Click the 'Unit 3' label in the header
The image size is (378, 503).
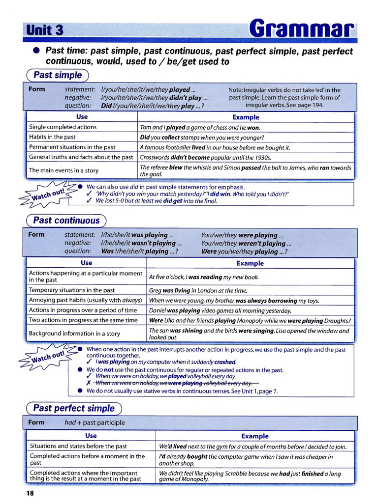click(45, 30)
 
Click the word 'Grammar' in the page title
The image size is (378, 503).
click(301, 29)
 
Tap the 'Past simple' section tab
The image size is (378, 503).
click(58, 75)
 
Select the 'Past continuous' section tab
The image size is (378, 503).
click(66, 221)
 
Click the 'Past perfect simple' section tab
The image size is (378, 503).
click(73, 408)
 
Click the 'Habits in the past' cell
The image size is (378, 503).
click(53, 137)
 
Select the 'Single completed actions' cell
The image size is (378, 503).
click(63, 127)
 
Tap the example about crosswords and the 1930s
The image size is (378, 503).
click(205, 158)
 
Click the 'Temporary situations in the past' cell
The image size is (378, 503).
click(72, 290)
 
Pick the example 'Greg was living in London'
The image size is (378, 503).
click(198, 291)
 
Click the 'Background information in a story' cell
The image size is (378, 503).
click(74, 334)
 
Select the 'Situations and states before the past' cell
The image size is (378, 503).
click(78, 446)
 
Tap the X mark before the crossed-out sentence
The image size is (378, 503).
click(89, 383)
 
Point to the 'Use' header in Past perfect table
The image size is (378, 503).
click(91, 436)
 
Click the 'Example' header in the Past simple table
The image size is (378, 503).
click(245, 117)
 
